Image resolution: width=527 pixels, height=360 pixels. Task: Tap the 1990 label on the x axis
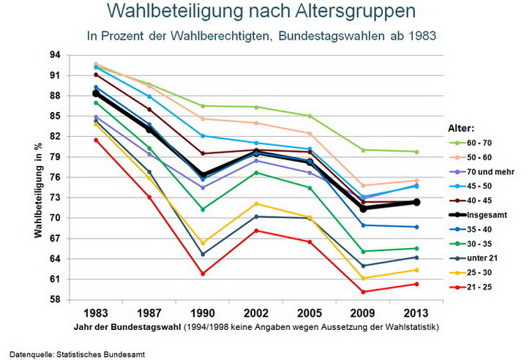pyautogui.click(x=202, y=310)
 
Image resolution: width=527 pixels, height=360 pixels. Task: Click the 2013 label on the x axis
pyautogui.click(x=416, y=310)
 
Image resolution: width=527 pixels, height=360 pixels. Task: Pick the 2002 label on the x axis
pyautogui.click(x=255, y=310)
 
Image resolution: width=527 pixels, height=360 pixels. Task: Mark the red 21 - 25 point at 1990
pyautogui.click(x=202, y=274)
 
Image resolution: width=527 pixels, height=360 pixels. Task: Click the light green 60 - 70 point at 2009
pyautogui.click(x=362, y=150)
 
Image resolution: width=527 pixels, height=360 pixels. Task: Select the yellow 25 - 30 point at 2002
pyautogui.click(x=255, y=203)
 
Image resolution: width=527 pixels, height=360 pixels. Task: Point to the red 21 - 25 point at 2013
pyautogui.click(x=416, y=284)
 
